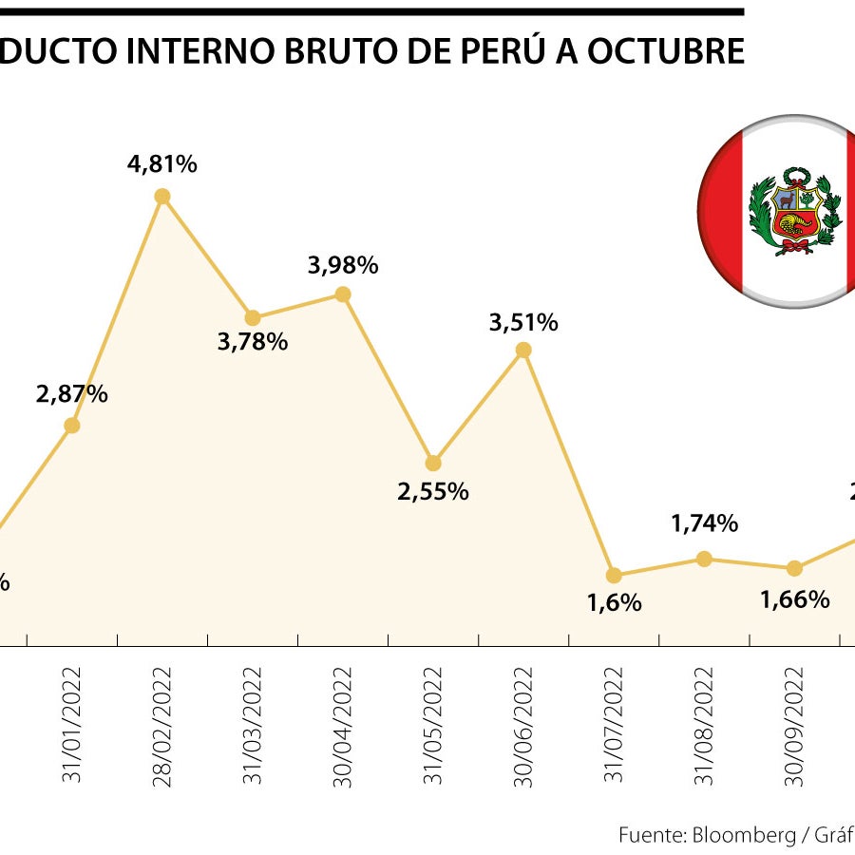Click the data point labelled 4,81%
point(162,197)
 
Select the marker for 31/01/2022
point(71,426)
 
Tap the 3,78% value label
point(253,342)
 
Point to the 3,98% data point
point(343,294)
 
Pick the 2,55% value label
point(433,492)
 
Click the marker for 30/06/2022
point(523,350)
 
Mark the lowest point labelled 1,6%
point(614,575)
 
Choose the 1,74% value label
point(704,523)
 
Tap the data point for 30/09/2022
point(794,568)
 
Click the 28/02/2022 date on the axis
point(162,727)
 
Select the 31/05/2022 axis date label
point(433,727)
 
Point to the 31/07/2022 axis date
point(614,727)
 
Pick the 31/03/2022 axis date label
point(253,727)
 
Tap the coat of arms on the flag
point(795,212)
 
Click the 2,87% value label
point(72,394)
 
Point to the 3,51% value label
point(523,323)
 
